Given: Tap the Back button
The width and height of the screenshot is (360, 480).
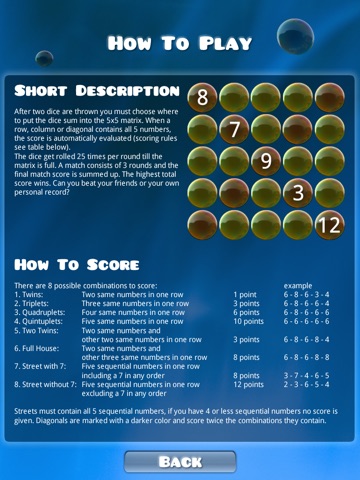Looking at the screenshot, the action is (x=180, y=462).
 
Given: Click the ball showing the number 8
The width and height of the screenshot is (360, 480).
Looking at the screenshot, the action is (x=202, y=97).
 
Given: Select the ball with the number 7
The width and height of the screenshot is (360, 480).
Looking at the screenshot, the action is (x=234, y=129).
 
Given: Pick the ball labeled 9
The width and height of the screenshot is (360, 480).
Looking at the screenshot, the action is (x=266, y=161).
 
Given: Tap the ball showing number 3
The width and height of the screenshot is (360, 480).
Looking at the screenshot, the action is (x=298, y=193).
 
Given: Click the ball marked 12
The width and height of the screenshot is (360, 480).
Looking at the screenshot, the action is (x=330, y=225).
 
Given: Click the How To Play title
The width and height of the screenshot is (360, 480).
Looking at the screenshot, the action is (x=180, y=43).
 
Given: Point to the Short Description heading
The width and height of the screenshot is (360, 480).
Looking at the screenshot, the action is (x=97, y=91).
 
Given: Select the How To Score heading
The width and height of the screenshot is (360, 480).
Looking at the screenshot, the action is (x=77, y=265).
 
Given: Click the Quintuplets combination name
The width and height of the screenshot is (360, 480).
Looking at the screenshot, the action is (x=38, y=322).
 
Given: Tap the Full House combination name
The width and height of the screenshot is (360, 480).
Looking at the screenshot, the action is (x=37, y=349).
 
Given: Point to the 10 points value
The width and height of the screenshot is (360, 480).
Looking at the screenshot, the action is (x=248, y=322).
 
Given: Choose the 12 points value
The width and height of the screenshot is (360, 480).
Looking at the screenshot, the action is (x=248, y=385).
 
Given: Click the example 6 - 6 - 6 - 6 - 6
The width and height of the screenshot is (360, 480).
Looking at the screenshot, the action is (x=306, y=321).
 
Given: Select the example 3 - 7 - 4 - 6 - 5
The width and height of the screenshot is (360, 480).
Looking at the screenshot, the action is (x=306, y=376).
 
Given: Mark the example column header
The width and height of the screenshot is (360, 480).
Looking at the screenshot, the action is (x=298, y=286).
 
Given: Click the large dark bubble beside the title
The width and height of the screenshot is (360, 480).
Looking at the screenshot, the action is (x=295, y=36).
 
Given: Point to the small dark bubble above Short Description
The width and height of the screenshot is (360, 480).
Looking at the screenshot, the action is (x=44, y=59).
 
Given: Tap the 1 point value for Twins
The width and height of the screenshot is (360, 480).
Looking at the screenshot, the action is (x=245, y=295).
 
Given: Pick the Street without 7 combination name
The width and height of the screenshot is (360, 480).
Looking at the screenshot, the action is (x=45, y=385).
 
